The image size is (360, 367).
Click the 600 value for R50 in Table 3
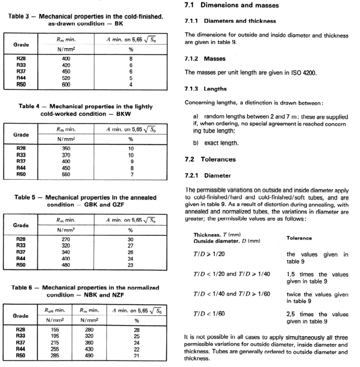click(67, 85)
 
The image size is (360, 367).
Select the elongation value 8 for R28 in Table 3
click(130, 59)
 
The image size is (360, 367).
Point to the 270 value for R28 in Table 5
click(67, 238)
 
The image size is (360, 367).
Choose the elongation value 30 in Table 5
click(130, 238)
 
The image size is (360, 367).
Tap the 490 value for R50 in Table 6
click(89, 355)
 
